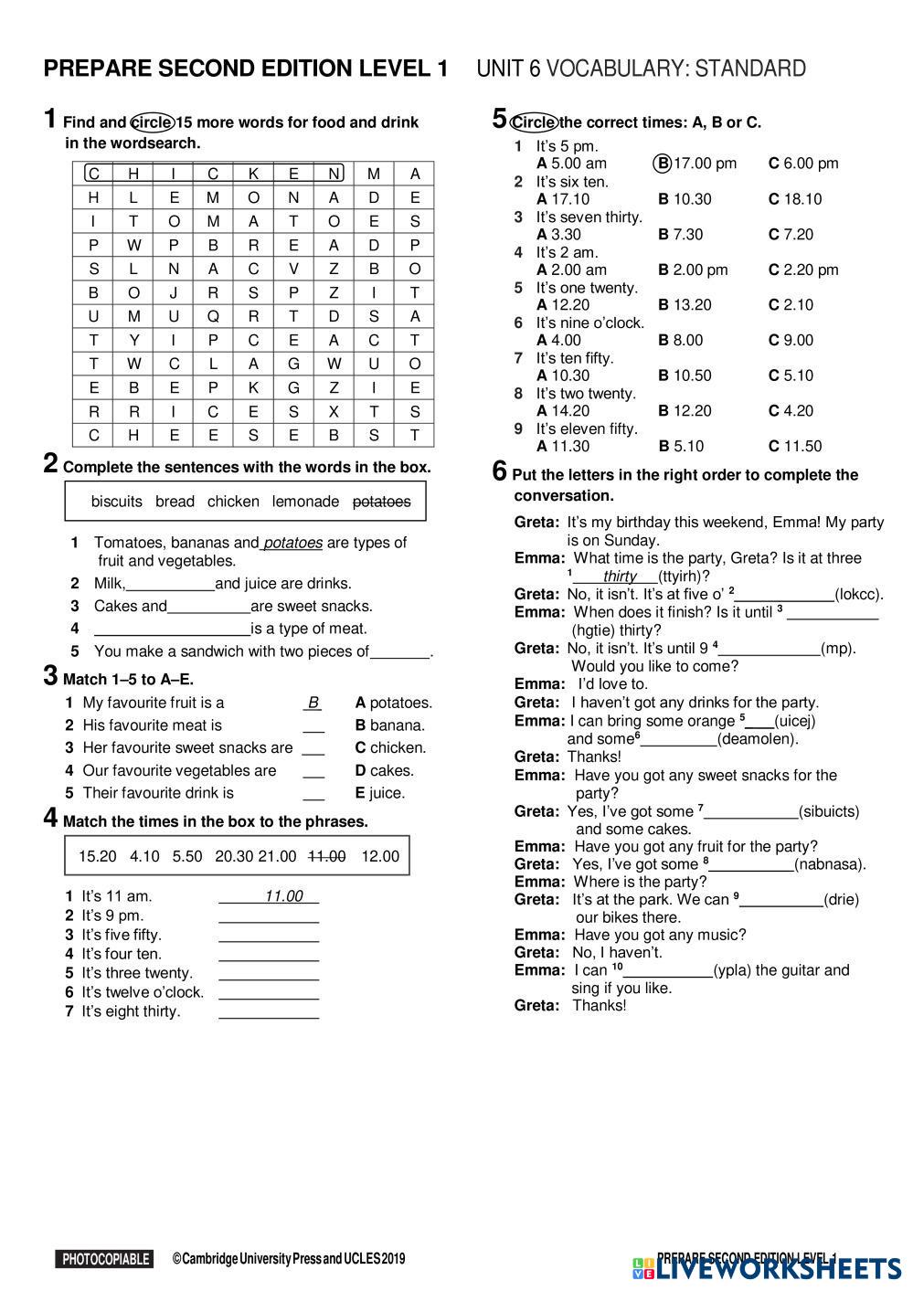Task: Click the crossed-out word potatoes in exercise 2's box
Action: coord(381,502)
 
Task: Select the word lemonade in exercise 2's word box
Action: coord(305,502)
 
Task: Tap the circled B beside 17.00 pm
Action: coord(663,164)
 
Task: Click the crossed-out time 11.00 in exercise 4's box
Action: coord(326,856)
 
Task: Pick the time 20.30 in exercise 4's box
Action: coord(234,856)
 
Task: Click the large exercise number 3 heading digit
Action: coord(51,677)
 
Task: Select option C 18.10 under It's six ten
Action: coord(795,199)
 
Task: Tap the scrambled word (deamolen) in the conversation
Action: coord(758,739)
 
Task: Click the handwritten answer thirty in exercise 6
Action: coord(620,577)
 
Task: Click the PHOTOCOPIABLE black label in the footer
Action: coord(104,1259)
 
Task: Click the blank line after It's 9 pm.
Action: coord(269,915)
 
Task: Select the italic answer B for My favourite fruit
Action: coord(313,703)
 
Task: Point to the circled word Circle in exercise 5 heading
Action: coord(534,122)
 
